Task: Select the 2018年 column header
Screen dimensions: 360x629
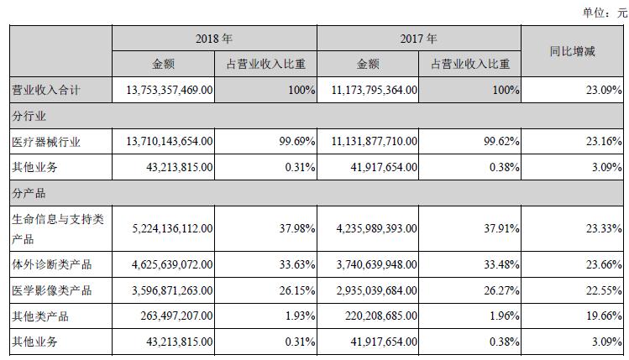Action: click(x=214, y=39)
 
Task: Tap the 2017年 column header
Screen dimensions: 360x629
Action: click(x=419, y=39)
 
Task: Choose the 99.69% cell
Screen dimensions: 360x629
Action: click(x=296, y=142)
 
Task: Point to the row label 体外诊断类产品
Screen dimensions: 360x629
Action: click(x=50, y=265)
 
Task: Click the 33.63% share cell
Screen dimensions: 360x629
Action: click(x=296, y=265)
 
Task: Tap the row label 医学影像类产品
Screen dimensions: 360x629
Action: click(x=50, y=291)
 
